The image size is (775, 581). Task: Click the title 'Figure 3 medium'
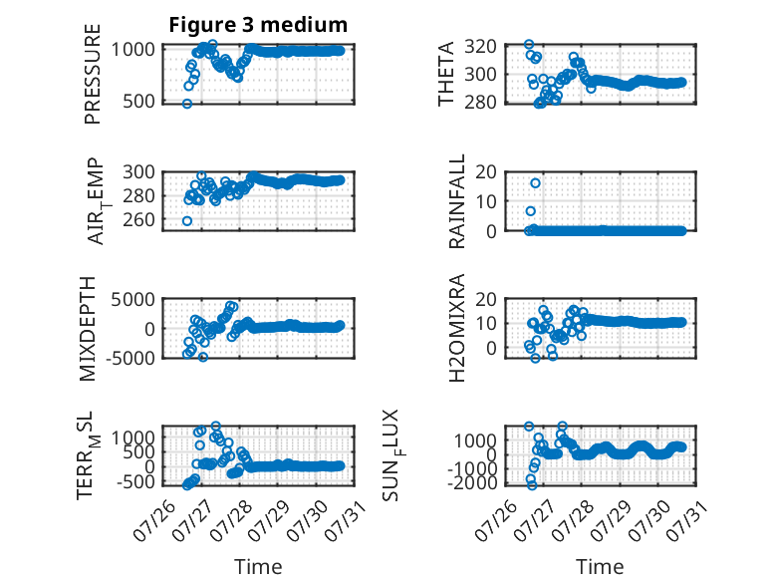click(x=258, y=25)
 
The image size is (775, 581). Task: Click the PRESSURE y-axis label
click(x=93, y=74)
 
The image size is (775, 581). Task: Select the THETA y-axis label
click(x=446, y=74)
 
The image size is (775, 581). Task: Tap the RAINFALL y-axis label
click(x=456, y=200)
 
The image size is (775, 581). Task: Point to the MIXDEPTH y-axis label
click(x=87, y=328)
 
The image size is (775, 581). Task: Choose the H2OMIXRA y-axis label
click(x=456, y=328)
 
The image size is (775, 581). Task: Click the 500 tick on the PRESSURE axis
click(x=138, y=101)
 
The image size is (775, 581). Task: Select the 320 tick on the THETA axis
click(x=480, y=47)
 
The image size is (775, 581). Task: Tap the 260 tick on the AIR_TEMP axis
click(x=138, y=219)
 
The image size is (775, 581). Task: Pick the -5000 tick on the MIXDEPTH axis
click(x=129, y=358)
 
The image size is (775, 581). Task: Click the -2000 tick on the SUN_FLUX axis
click(x=471, y=482)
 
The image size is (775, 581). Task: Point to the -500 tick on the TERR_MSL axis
click(x=134, y=481)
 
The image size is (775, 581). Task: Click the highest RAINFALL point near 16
click(x=535, y=183)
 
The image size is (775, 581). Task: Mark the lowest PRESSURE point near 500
click(x=187, y=104)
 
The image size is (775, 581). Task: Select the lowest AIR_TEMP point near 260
click(x=187, y=221)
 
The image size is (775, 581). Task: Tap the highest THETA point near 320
click(x=529, y=45)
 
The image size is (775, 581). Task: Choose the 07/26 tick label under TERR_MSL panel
click(x=154, y=520)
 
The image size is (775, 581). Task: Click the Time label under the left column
click(x=258, y=567)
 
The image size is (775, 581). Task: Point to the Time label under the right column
click(x=600, y=567)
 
